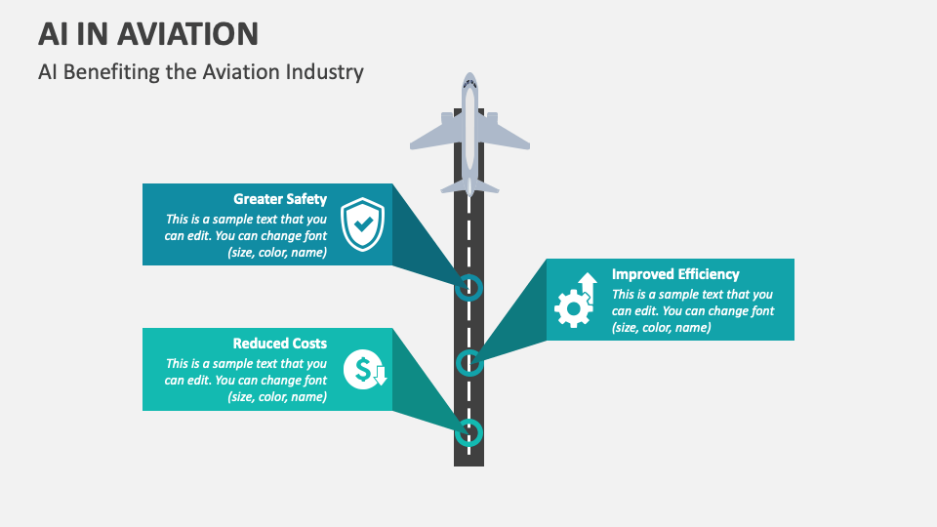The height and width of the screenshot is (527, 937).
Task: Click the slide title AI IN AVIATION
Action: coord(148,33)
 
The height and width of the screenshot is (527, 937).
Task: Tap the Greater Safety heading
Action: coord(280,199)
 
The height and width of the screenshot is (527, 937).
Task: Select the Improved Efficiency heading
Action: coord(675,274)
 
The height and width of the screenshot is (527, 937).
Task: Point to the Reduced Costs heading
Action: coord(280,344)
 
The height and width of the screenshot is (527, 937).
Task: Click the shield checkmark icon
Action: coord(362,224)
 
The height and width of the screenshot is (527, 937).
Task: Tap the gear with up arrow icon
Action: coord(575,300)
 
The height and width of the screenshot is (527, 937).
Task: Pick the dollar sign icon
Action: coord(365,369)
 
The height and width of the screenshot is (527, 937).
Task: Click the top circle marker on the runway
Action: coord(469,287)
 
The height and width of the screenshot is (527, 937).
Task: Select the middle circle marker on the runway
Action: coord(469,363)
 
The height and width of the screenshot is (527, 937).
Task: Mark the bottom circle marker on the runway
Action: coord(469,431)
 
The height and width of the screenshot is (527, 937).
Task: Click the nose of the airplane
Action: coord(469,79)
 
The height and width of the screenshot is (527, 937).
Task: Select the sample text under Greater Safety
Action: coord(246,236)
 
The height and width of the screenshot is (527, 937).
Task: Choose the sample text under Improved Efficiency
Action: coord(693,310)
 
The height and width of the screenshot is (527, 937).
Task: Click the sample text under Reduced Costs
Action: coord(246,381)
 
